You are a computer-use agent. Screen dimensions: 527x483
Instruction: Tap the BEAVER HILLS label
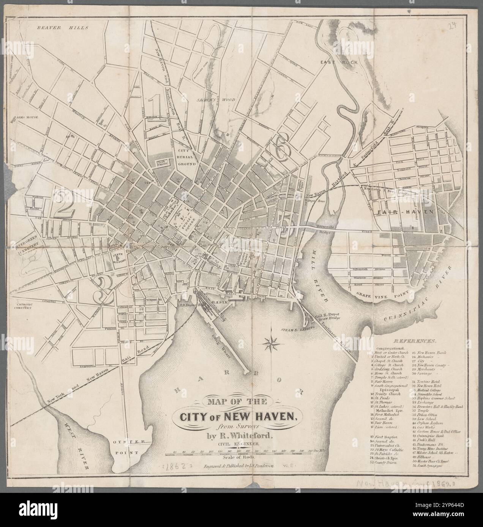(x=63, y=28)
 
